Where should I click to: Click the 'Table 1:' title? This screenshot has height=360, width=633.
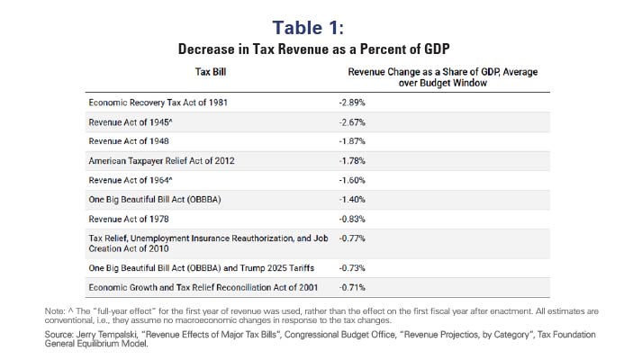[316, 22]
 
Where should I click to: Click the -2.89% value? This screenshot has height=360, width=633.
[352, 102]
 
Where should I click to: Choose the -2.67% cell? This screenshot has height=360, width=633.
[352, 121]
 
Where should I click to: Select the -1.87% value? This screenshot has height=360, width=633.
[352, 141]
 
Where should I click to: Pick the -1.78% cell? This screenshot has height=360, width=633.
[352, 161]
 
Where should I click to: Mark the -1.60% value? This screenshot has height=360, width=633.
[352, 181]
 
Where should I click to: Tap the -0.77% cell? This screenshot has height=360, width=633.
[352, 240]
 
